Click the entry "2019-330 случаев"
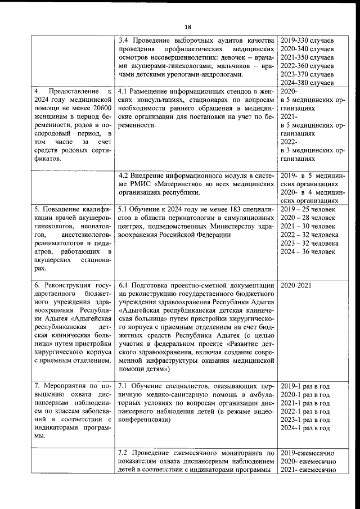coord(307,41)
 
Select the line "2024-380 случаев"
coord(307,83)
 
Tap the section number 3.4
coord(125,41)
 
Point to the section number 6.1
coord(125,285)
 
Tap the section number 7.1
coord(125,386)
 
